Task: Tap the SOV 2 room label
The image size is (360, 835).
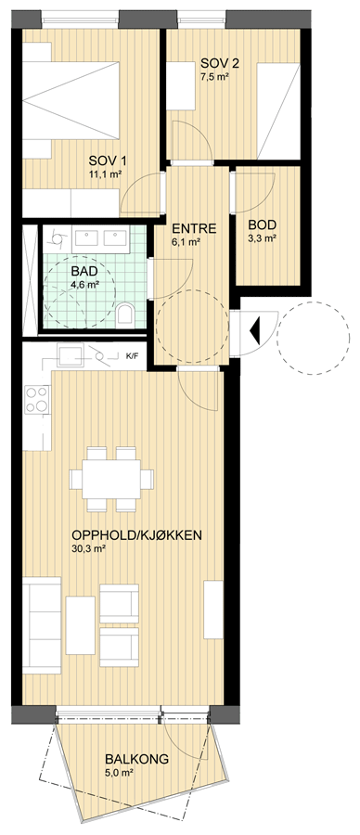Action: coord(219,64)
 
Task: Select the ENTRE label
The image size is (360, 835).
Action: coord(194,229)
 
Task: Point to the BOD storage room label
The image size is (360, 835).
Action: coord(262,225)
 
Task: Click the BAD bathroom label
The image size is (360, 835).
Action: coord(85,271)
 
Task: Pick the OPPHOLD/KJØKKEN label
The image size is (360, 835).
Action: coord(136,535)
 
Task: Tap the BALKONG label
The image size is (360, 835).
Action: coord(137,759)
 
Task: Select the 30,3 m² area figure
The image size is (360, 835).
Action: coord(87,548)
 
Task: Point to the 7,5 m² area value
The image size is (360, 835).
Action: coord(214,77)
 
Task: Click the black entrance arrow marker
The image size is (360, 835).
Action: coord(254,330)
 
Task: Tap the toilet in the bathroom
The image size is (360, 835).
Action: coord(125,314)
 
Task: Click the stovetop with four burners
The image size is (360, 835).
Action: coord(37,399)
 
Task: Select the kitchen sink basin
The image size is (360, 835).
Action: coord(71,355)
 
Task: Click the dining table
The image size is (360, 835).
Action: coord(111,479)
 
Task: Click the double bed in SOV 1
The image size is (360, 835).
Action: coord(71,100)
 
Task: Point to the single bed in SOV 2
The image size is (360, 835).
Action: coord(278,110)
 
